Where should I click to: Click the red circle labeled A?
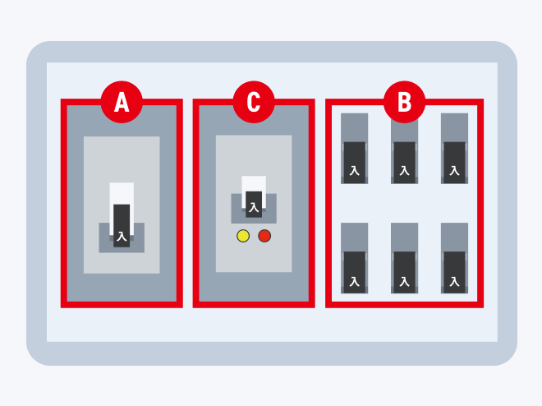pyautogui.click(x=122, y=102)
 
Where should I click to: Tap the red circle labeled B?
pyautogui.click(x=404, y=102)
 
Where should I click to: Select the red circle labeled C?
pyautogui.click(x=254, y=102)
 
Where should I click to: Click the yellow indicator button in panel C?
pyautogui.click(x=243, y=236)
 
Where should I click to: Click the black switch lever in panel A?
pyautogui.click(x=122, y=225)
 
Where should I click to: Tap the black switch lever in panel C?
pyautogui.click(x=254, y=205)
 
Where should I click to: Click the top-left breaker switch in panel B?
pyautogui.click(x=354, y=149)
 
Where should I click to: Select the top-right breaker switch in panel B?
pyautogui.click(x=455, y=149)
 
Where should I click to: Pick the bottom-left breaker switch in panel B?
pyautogui.click(x=354, y=258)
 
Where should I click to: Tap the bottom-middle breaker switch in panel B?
pyautogui.click(x=404, y=258)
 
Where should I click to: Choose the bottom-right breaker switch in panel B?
pyautogui.click(x=455, y=258)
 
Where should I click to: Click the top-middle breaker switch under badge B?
pyautogui.click(x=404, y=149)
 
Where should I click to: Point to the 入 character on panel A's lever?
pyautogui.click(x=122, y=237)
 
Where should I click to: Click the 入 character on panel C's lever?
pyautogui.click(x=254, y=207)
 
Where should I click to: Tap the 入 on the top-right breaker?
pyautogui.click(x=455, y=170)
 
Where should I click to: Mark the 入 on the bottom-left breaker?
pyautogui.click(x=354, y=282)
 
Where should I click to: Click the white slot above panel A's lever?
pyautogui.click(x=122, y=193)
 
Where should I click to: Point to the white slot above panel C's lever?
pyautogui.click(x=254, y=183)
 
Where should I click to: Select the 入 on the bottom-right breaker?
pyautogui.click(x=455, y=282)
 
